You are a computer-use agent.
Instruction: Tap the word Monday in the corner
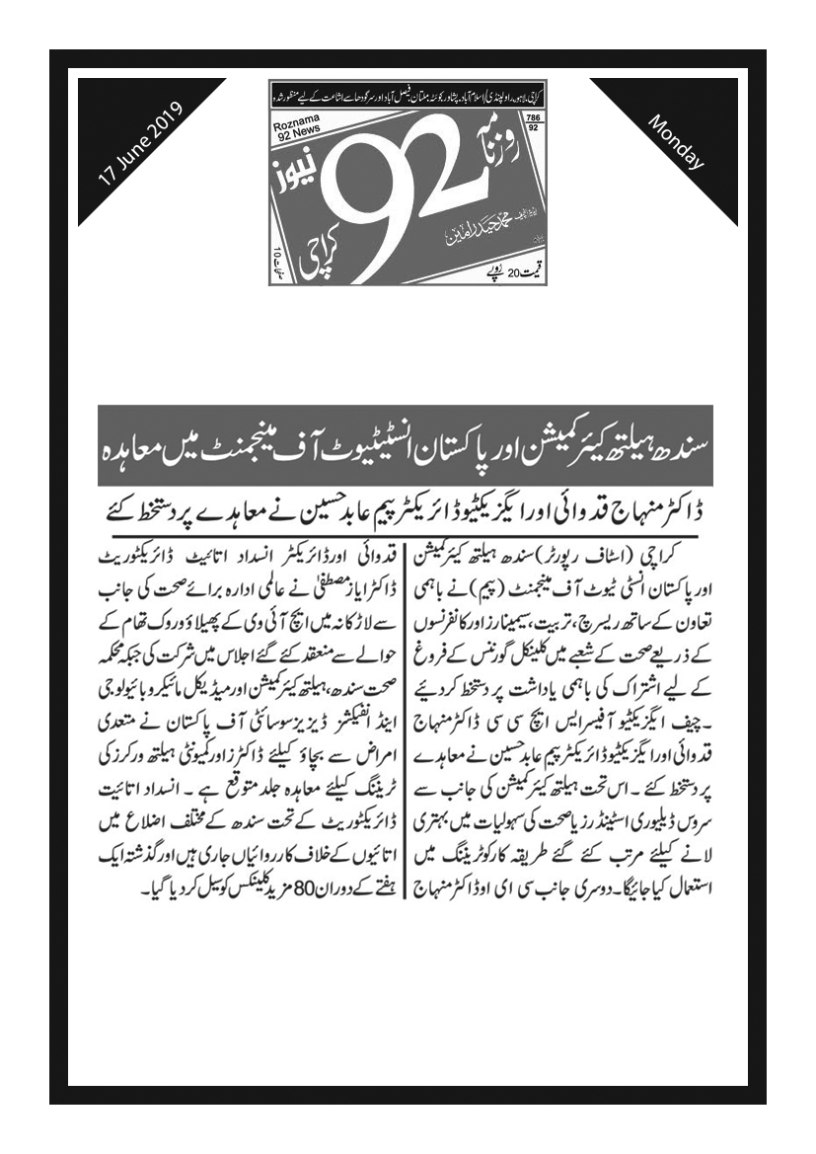(x=676, y=142)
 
